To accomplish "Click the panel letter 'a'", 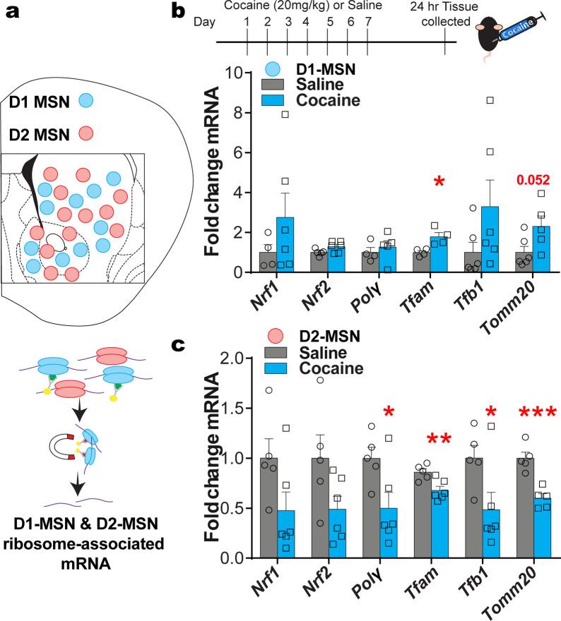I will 14,14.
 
